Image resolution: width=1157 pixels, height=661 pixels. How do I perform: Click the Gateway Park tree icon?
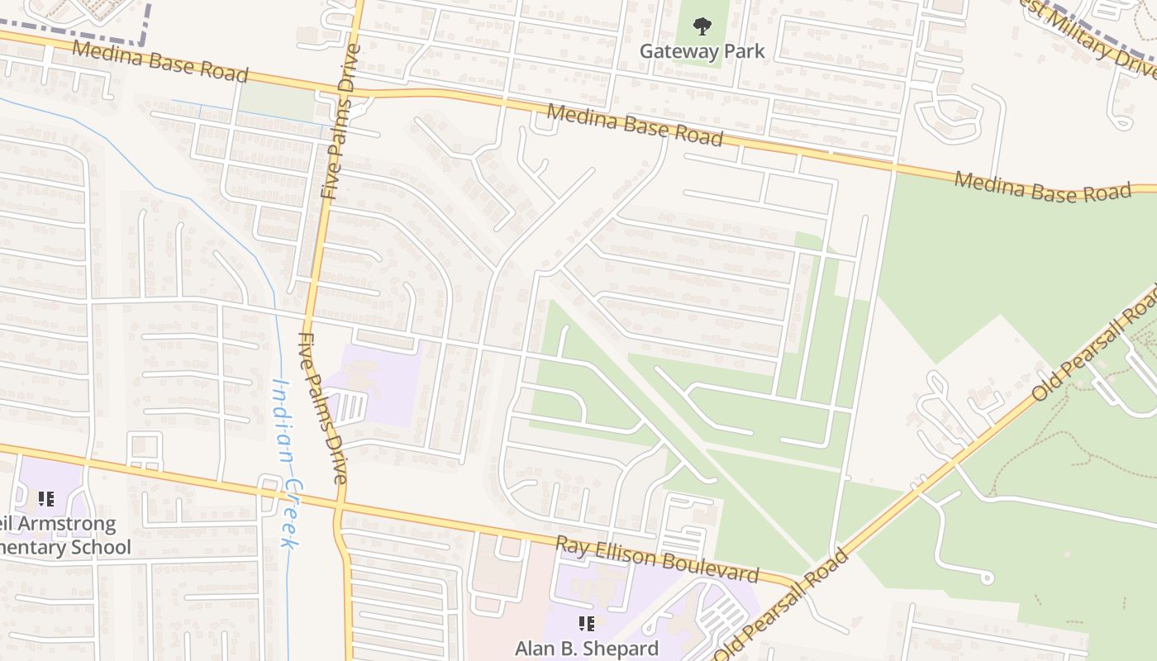pos(702,26)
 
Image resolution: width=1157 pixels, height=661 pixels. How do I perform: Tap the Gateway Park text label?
pos(702,51)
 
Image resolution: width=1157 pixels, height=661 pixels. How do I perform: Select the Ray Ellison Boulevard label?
pos(656,559)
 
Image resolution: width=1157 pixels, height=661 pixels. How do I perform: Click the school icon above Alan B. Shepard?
pos(587,624)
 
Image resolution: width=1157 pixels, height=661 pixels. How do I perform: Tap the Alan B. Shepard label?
pos(587,648)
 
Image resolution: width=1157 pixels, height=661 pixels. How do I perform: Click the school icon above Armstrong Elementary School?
pos(45,499)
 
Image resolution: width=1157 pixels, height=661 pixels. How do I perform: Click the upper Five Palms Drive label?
pos(340,121)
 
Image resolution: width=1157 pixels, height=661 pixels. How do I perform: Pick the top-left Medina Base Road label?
pos(160,61)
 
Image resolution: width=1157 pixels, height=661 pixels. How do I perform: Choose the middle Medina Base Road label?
pos(634,125)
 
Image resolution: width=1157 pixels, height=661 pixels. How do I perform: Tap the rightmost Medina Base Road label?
pos(1042,187)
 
